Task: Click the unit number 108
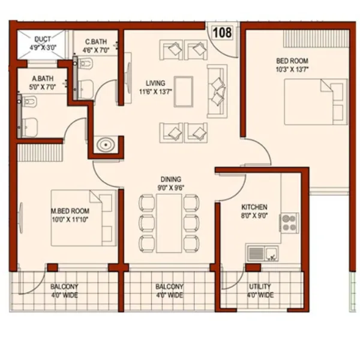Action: pos(221,32)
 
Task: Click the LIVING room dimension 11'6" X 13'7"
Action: pos(155,92)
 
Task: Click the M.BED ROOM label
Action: pos(70,211)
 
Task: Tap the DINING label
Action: pos(170,179)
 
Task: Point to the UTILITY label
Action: pos(259,286)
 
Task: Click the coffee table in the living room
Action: pos(183,92)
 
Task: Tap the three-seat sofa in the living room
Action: pos(217,92)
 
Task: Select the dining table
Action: pos(169,224)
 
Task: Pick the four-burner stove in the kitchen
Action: pos(289,223)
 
